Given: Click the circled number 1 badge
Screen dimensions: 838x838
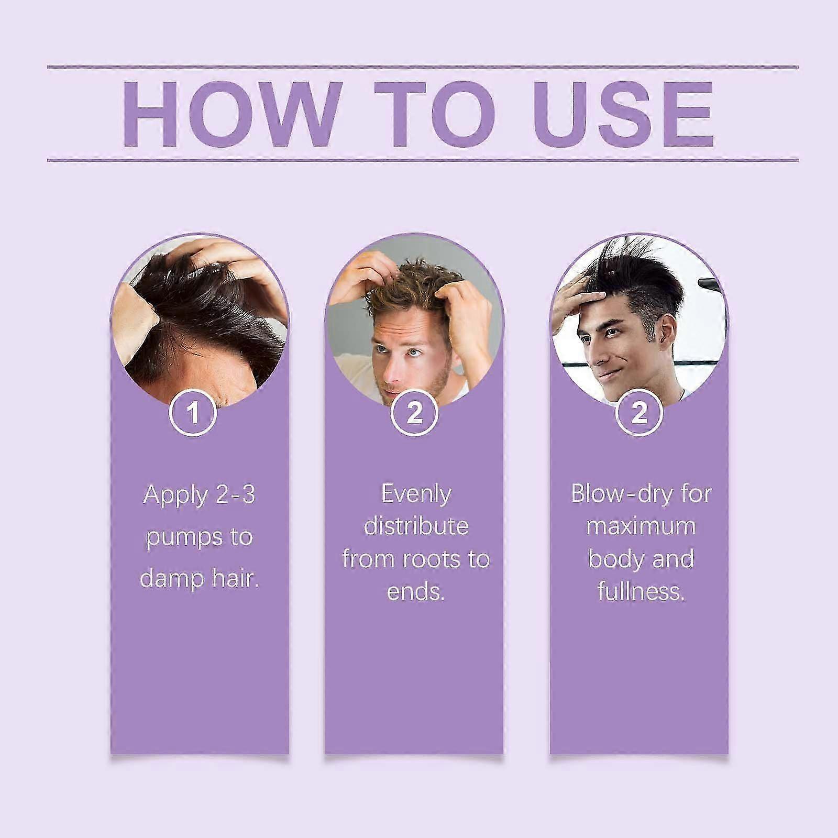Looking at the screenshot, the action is point(193,413).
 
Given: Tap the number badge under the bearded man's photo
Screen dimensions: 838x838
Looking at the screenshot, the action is point(414,413).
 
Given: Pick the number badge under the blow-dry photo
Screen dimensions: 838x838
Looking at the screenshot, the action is point(639,413).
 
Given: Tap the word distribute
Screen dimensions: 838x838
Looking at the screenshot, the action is point(416,526).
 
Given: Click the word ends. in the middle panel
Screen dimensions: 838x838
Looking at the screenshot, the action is point(416,592).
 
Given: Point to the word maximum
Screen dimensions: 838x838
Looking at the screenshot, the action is point(641,527).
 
